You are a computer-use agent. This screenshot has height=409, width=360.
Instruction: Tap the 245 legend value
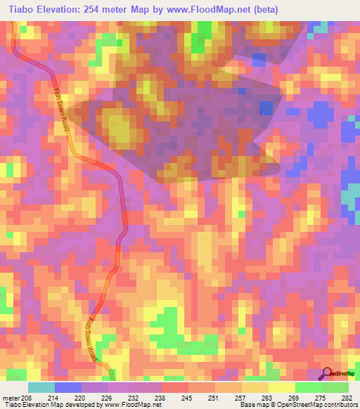[x=186, y=398]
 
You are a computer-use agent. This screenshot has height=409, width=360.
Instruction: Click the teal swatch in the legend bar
[x=41, y=387]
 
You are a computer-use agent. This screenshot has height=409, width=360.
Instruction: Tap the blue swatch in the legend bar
[x=68, y=387]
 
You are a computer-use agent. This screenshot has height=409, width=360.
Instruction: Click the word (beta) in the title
[x=265, y=10]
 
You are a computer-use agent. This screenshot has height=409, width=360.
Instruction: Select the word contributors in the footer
[x=340, y=405]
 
